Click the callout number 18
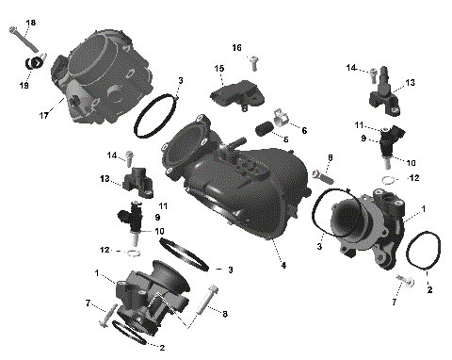coord(30,22)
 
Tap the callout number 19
coord(25,84)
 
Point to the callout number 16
coord(237,46)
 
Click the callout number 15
coord(218,69)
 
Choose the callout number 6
coord(303,129)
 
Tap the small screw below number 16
coord(254,61)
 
